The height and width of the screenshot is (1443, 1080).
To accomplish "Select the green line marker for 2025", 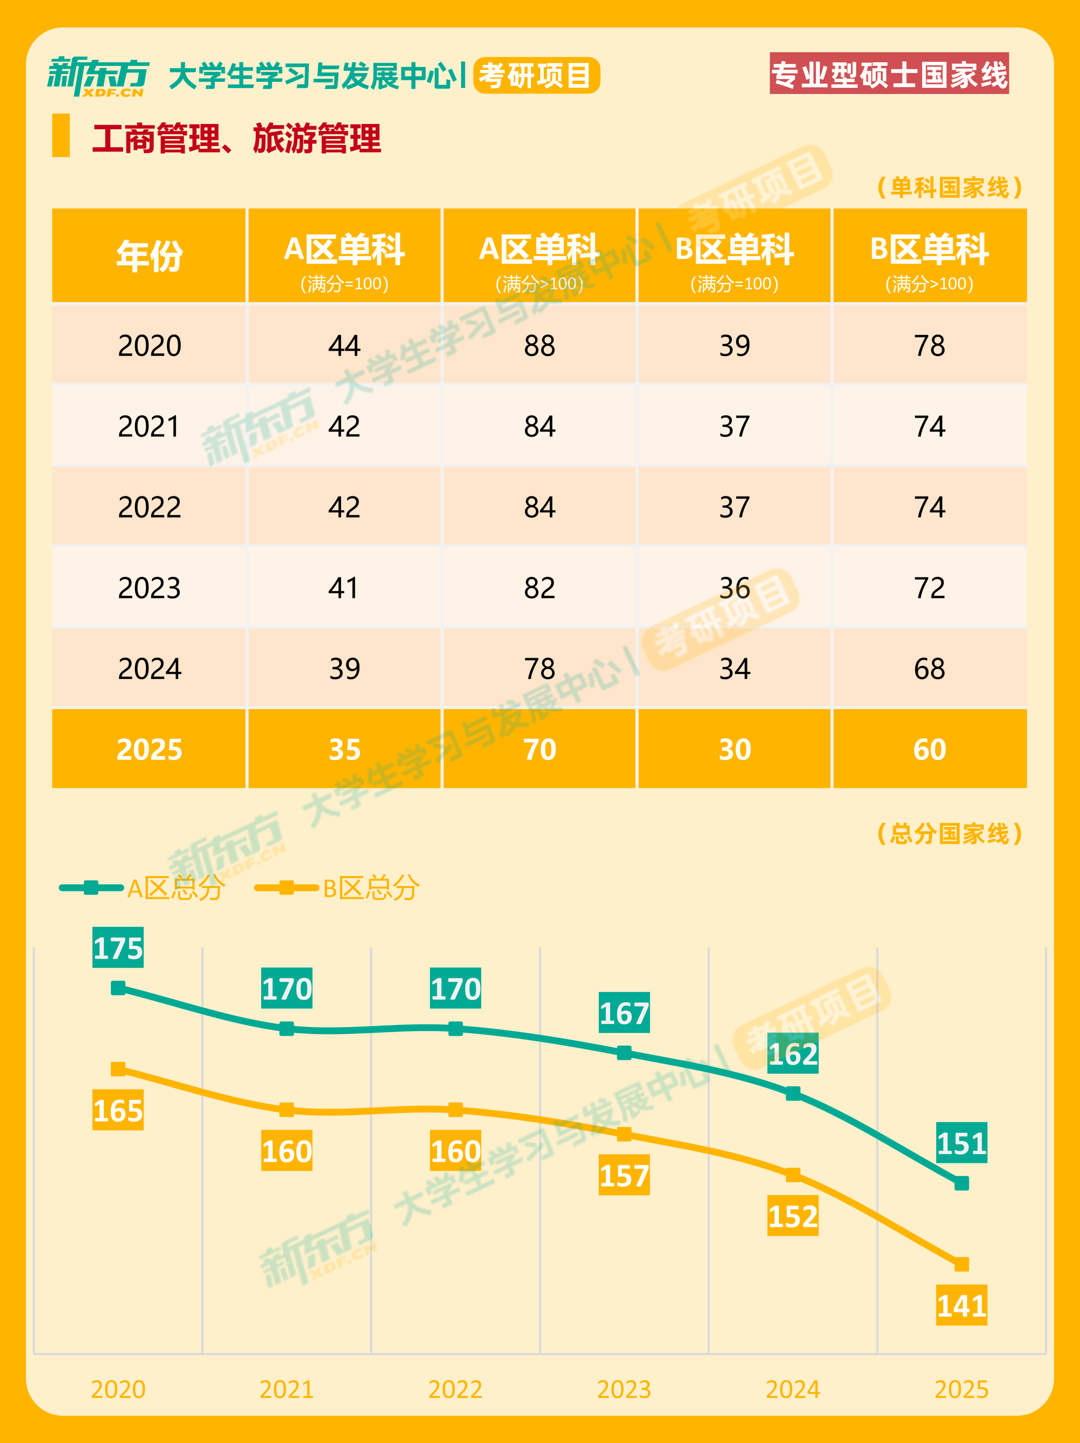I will click(961, 1183).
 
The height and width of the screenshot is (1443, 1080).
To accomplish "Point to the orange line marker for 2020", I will click(118, 1069).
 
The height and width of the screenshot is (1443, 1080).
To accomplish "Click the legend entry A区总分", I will click(175, 888).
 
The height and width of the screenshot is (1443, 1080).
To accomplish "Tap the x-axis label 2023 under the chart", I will click(624, 1389).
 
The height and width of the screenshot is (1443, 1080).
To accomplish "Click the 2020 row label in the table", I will click(149, 346).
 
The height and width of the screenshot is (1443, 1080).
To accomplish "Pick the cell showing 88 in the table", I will click(539, 346).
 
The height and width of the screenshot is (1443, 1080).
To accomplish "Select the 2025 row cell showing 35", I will click(345, 750).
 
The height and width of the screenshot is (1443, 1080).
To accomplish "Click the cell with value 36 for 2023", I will click(734, 588).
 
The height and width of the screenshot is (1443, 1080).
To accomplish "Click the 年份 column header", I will click(149, 256).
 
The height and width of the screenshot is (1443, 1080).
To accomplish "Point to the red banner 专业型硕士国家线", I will click(889, 74).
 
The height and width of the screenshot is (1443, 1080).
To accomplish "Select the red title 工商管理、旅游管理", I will click(237, 138).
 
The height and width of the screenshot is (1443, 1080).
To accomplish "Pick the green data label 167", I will click(624, 1013).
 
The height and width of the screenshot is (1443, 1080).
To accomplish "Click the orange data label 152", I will click(793, 1216).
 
